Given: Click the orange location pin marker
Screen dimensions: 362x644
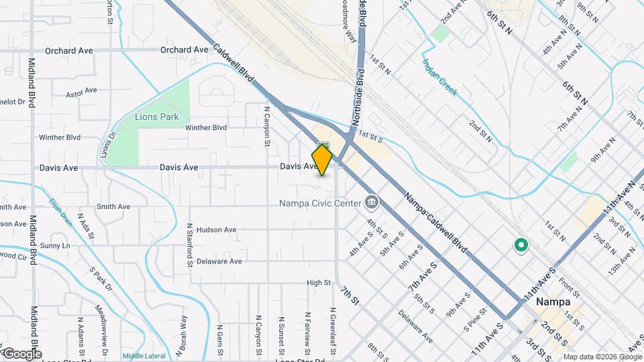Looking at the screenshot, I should pyautogui.click(x=323, y=160).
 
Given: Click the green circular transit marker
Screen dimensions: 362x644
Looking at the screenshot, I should pyautogui.click(x=520, y=246).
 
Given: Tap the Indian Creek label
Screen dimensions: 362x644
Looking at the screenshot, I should pyautogui.click(x=439, y=78).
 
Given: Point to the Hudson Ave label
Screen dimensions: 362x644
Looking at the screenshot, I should pyautogui.click(x=216, y=230).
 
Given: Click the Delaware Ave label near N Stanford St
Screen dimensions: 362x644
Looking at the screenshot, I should pyautogui.click(x=219, y=261).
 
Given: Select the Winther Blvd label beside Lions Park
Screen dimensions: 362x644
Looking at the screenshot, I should pyautogui.click(x=206, y=127).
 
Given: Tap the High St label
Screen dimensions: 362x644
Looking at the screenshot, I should pyautogui.click(x=319, y=283).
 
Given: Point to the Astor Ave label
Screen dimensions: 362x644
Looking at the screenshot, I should pyautogui.click(x=83, y=95).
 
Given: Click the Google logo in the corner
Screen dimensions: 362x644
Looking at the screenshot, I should pyautogui.click(x=22, y=353).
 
